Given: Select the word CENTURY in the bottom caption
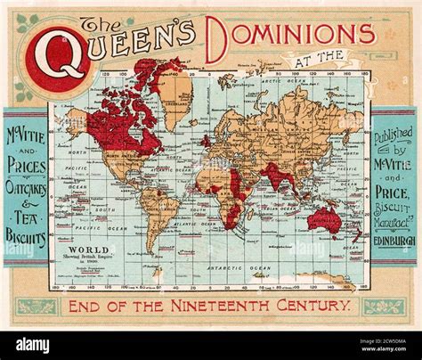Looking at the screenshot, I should click(312, 306).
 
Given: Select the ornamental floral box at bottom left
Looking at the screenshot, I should click(37, 307).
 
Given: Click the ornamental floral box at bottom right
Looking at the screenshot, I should click(384, 307).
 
